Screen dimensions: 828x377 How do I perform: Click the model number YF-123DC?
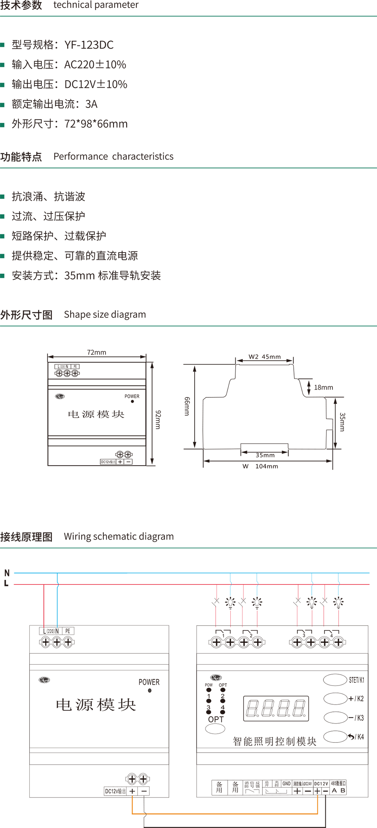89,45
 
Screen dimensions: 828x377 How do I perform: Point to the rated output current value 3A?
91,104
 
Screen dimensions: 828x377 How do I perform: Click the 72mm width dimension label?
97,352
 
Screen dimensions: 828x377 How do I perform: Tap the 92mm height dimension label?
158,419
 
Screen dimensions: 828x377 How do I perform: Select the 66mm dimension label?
187,406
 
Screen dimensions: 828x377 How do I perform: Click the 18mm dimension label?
323,387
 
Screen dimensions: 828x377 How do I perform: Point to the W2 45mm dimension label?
265,357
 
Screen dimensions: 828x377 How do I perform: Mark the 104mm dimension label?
267,466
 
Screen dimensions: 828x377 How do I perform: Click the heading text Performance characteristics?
113,156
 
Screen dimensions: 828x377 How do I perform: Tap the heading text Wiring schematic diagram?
119,537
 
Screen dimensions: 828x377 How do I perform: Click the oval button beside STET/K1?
335,680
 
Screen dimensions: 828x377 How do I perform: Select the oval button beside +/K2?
335,699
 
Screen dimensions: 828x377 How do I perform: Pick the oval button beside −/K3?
335,718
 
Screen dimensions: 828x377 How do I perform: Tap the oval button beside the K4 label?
335,736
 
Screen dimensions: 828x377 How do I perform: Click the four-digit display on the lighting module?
276,708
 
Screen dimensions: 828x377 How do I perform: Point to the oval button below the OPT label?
215,729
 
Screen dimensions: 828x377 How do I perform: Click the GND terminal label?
287,784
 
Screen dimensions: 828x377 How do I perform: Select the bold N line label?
7,573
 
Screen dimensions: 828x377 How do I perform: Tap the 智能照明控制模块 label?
274,741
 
